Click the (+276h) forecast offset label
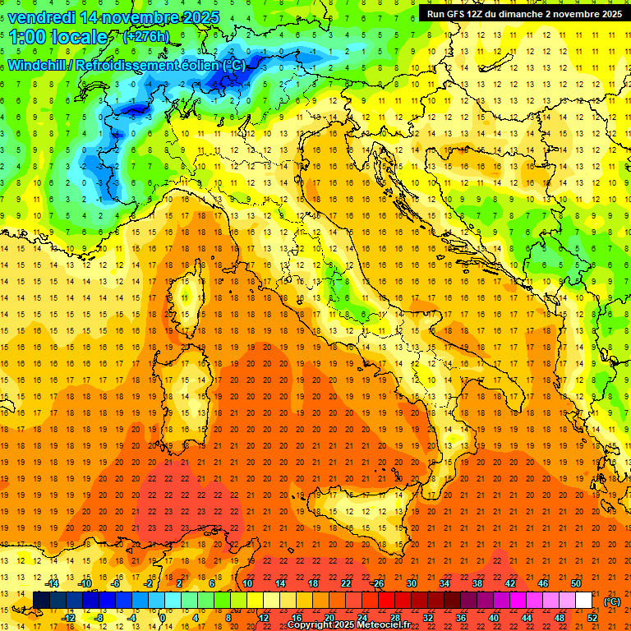tap(146, 36)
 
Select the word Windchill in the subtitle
tap(38, 65)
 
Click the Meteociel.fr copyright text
tap(353, 624)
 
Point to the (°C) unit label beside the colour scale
tap(612, 601)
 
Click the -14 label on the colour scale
tap(54, 583)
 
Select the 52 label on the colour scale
tap(592, 618)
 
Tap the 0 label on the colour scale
tap(164, 618)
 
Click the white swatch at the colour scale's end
tap(584, 601)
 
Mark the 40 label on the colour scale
tap(493, 618)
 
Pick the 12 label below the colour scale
tap(263, 618)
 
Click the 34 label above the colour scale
tap(444, 583)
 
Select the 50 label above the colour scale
tap(576, 583)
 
